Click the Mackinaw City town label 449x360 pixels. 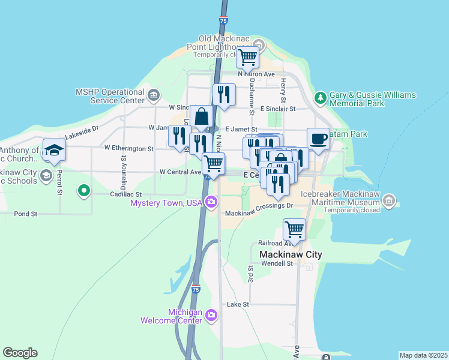(x=291, y=254)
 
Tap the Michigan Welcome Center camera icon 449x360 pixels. (x=211, y=314)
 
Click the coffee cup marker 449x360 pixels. (x=318, y=139)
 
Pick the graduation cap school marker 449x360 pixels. (x=54, y=150)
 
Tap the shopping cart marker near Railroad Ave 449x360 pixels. (x=294, y=229)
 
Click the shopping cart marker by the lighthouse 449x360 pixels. (x=247, y=58)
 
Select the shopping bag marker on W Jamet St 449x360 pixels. (x=202, y=116)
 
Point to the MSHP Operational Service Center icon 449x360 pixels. (x=154, y=94)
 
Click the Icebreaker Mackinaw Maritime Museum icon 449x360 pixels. (x=389, y=199)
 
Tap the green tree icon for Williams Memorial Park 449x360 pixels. (x=321, y=98)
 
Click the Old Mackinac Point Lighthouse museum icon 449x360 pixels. (x=259, y=44)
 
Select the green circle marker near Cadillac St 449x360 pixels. (x=84, y=191)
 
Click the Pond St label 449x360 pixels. (x=25, y=213)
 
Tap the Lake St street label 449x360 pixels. (x=238, y=305)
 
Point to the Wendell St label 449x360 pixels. (x=276, y=263)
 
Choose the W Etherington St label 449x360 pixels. (x=128, y=147)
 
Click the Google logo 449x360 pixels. (x=20, y=353)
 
